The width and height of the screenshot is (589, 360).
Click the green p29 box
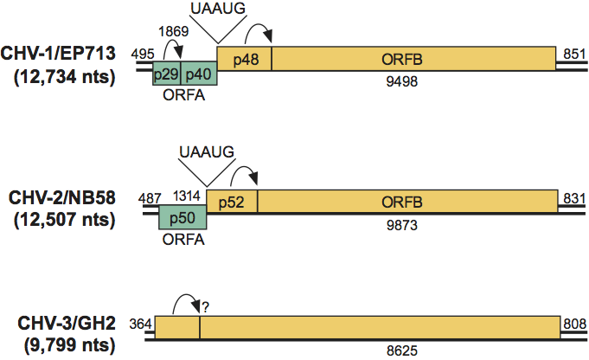(167, 74)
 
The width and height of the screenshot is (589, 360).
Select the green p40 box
(199, 74)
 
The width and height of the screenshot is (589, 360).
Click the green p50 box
(182, 217)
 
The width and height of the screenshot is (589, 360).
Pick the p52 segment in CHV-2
(231, 201)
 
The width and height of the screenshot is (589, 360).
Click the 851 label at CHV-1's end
(572, 54)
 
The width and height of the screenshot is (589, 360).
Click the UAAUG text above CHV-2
(206, 152)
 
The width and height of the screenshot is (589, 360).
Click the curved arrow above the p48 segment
(259, 33)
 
